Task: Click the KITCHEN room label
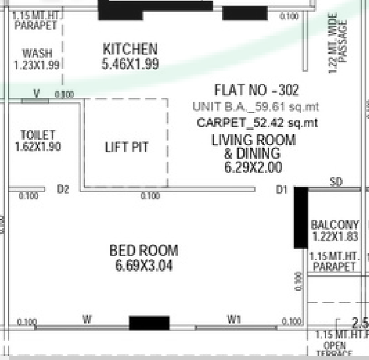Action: tap(130, 49)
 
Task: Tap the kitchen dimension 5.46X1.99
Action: tap(130, 64)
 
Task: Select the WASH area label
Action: tap(37, 53)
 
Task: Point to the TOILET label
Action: tap(37, 135)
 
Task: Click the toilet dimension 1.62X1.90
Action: tap(37, 147)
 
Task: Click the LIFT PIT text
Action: tap(126, 148)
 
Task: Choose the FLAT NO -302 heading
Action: tap(256, 90)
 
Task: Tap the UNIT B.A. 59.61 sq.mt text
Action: tap(256, 107)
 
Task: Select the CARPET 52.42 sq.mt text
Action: tap(257, 123)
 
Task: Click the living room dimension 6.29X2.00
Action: tap(253, 167)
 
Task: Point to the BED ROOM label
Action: tap(144, 251)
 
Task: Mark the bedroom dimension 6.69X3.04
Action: tap(144, 266)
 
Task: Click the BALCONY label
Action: tap(335, 224)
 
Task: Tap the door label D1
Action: tap(282, 189)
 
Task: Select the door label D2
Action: tap(63, 189)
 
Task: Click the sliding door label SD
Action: tap(337, 182)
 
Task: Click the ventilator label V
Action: tap(36, 93)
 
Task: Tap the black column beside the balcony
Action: tap(301, 217)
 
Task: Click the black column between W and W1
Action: tap(149, 323)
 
